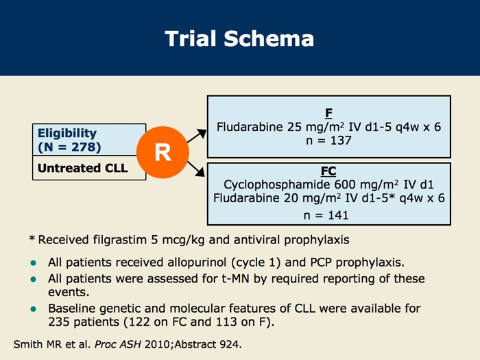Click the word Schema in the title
tap(269, 38)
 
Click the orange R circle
tap(163, 152)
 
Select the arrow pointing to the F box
tap(197, 136)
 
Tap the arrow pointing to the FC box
tap(196, 169)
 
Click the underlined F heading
tap(328, 113)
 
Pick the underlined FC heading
tap(328, 171)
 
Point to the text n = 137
tap(328, 141)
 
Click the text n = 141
tap(326, 215)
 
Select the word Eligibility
tap(67, 134)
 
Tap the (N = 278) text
tap(69, 147)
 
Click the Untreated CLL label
tap(83, 168)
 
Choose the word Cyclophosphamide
tap(277, 185)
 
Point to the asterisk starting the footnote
tap(32, 238)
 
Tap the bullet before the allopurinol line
tap(34, 263)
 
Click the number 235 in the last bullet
tap(60, 322)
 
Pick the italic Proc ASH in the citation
tap(118, 344)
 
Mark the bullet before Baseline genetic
tap(34, 309)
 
